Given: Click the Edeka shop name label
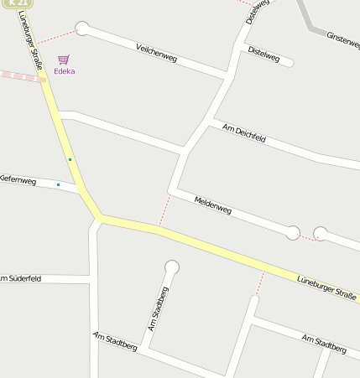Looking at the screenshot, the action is pos(64,71).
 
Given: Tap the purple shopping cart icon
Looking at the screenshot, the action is pos(64,60).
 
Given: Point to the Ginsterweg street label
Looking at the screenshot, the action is pos(343,39).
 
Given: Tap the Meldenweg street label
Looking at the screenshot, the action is pos(212,205).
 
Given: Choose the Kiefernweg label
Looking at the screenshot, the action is pos(17,179).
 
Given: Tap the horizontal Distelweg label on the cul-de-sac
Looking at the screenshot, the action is pos(263,54).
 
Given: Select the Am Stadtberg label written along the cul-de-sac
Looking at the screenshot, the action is pos(157,308).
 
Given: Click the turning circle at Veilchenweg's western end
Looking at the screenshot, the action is pos(82,28).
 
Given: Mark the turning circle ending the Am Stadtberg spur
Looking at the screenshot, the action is pos(172,267).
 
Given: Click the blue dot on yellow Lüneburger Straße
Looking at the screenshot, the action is pos(70,159).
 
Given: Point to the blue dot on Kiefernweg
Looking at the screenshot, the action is pos(58,184).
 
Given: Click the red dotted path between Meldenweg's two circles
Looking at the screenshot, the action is pos(306,237).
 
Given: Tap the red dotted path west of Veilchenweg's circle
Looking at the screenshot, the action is pos(56,37).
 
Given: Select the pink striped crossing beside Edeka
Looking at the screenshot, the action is pos(22,76).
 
